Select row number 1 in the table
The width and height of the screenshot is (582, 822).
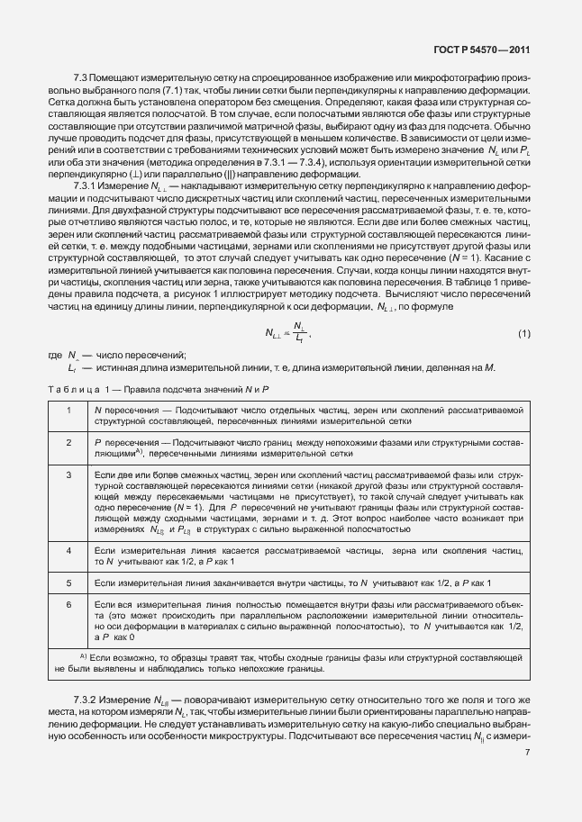[x=68, y=410]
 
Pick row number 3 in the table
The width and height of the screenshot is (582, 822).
[x=68, y=474]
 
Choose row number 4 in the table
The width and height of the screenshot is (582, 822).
[x=68, y=549]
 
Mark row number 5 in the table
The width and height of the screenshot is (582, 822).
[x=68, y=584]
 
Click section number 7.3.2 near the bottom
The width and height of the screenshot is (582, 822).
[x=86, y=700]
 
